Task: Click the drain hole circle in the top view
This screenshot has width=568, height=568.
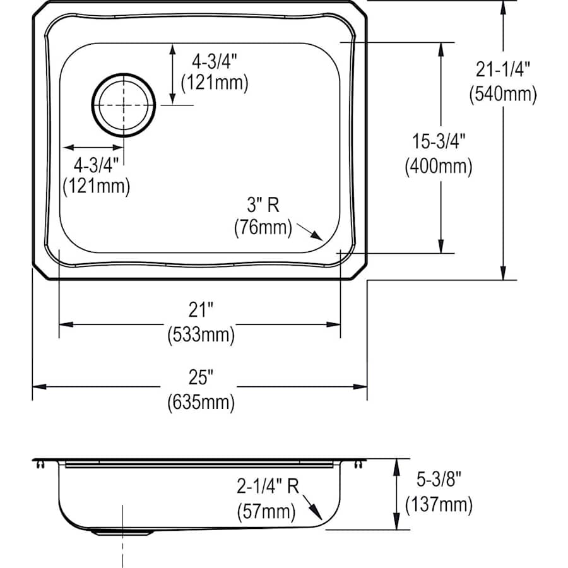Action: (123, 105)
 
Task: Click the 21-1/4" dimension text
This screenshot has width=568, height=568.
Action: (502, 70)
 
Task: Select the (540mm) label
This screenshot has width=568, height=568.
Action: (502, 94)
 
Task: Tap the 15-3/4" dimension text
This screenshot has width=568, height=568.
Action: (438, 142)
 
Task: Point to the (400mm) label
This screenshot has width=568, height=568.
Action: (438, 167)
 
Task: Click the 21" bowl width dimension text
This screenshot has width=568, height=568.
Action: (201, 310)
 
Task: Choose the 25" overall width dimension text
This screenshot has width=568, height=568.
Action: (201, 377)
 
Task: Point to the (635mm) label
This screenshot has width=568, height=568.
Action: (201, 402)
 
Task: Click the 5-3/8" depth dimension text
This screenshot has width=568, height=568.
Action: (438, 480)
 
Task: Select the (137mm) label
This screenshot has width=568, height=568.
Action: (438, 504)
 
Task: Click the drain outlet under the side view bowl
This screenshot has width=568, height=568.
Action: (122, 532)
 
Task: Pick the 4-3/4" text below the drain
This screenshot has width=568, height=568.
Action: (97, 165)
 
